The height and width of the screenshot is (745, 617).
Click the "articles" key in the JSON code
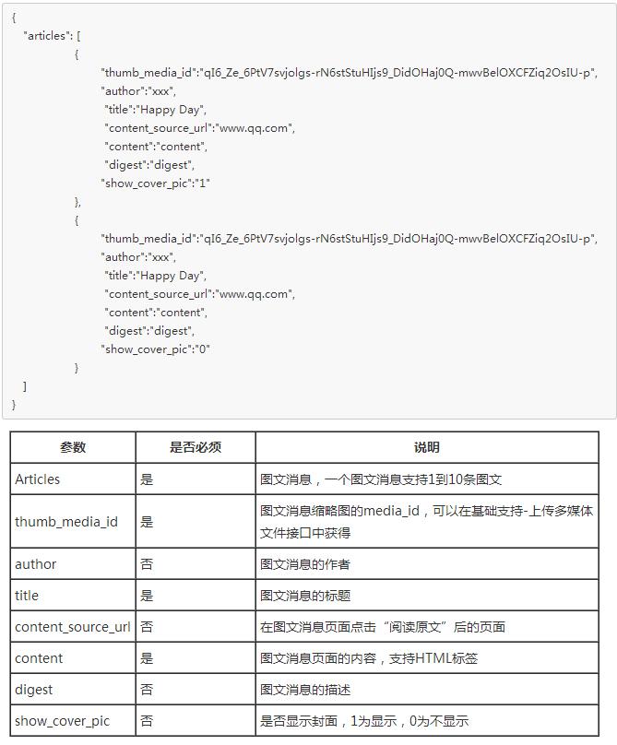pyautogui.click(x=46, y=36)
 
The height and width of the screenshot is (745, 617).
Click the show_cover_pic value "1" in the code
pyautogui.click(x=204, y=183)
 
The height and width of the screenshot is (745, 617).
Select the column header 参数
pyautogui.click(x=73, y=447)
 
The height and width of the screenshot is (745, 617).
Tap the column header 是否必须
pyautogui.click(x=196, y=447)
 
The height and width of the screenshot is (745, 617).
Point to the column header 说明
pyautogui.click(x=427, y=447)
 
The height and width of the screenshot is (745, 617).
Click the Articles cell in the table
pyautogui.click(x=38, y=479)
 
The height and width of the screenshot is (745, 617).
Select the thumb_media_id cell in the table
pyautogui.click(x=66, y=522)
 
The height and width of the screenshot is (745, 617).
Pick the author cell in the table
pyautogui.click(x=36, y=564)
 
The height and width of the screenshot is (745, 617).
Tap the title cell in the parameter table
pyautogui.click(x=27, y=596)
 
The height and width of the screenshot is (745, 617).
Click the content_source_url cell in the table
pyautogui.click(x=73, y=627)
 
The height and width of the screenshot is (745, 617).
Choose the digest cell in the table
pyautogui.click(x=34, y=690)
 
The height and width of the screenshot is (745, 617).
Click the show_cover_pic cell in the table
pyautogui.click(x=62, y=721)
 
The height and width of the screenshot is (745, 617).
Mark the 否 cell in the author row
pyautogui.click(x=147, y=564)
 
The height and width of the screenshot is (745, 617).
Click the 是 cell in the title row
pyautogui.click(x=147, y=596)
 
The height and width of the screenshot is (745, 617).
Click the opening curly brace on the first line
pyautogui.click(x=14, y=18)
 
